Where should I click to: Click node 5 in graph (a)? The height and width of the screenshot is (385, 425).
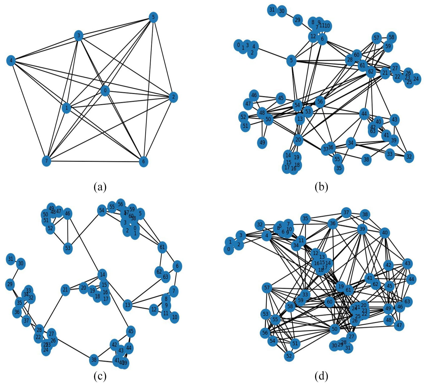153,18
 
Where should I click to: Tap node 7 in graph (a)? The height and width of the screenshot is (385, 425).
47,161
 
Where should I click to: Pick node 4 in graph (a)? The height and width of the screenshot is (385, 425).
11,61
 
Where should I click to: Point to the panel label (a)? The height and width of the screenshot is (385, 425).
100,187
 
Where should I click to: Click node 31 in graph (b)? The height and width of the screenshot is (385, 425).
272,10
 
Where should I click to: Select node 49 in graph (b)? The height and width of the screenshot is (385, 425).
262,143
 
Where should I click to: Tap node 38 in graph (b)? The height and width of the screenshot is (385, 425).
366,160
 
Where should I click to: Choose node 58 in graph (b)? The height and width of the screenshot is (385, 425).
391,37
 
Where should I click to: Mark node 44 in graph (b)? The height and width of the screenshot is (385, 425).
364,114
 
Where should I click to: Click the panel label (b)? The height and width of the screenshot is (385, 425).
321,187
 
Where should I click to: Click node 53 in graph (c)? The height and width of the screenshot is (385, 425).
68,248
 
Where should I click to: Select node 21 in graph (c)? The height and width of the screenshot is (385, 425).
65,290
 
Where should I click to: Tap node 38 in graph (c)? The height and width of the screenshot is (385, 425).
94,360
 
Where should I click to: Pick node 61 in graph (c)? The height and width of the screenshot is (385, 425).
162,247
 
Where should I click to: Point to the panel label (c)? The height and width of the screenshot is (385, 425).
100,376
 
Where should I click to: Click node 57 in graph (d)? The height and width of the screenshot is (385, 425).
267,288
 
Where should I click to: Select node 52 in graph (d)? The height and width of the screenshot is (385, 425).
289,356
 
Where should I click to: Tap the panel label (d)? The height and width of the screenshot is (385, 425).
321,376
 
